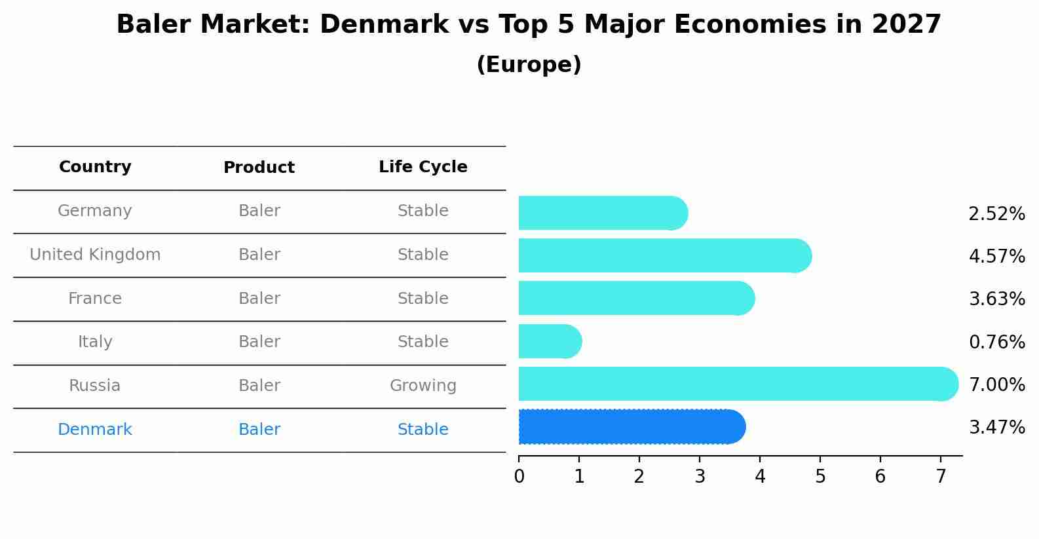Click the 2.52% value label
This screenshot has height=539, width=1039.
click(x=996, y=214)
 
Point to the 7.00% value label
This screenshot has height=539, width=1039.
click(x=996, y=384)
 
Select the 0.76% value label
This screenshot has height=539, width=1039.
click(x=996, y=342)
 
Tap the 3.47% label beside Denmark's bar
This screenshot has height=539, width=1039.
click(x=996, y=428)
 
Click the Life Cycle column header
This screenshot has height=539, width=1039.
click(x=423, y=167)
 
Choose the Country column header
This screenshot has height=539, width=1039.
click(x=95, y=167)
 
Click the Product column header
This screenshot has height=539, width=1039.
click(x=259, y=168)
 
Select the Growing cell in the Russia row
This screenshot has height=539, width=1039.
click(x=423, y=386)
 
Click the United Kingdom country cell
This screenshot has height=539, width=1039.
click(x=95, y=255)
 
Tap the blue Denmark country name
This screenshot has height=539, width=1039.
click(x=95, y=430)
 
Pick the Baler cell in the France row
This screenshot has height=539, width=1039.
click(x=259, y=299)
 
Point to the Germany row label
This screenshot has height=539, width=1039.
click(x=95, y=211)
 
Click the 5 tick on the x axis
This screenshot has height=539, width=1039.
click(x=820, y=477)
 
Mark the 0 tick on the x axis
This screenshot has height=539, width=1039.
click(x=519, y=477)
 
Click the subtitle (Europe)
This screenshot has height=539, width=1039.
click(x=529, y=65)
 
